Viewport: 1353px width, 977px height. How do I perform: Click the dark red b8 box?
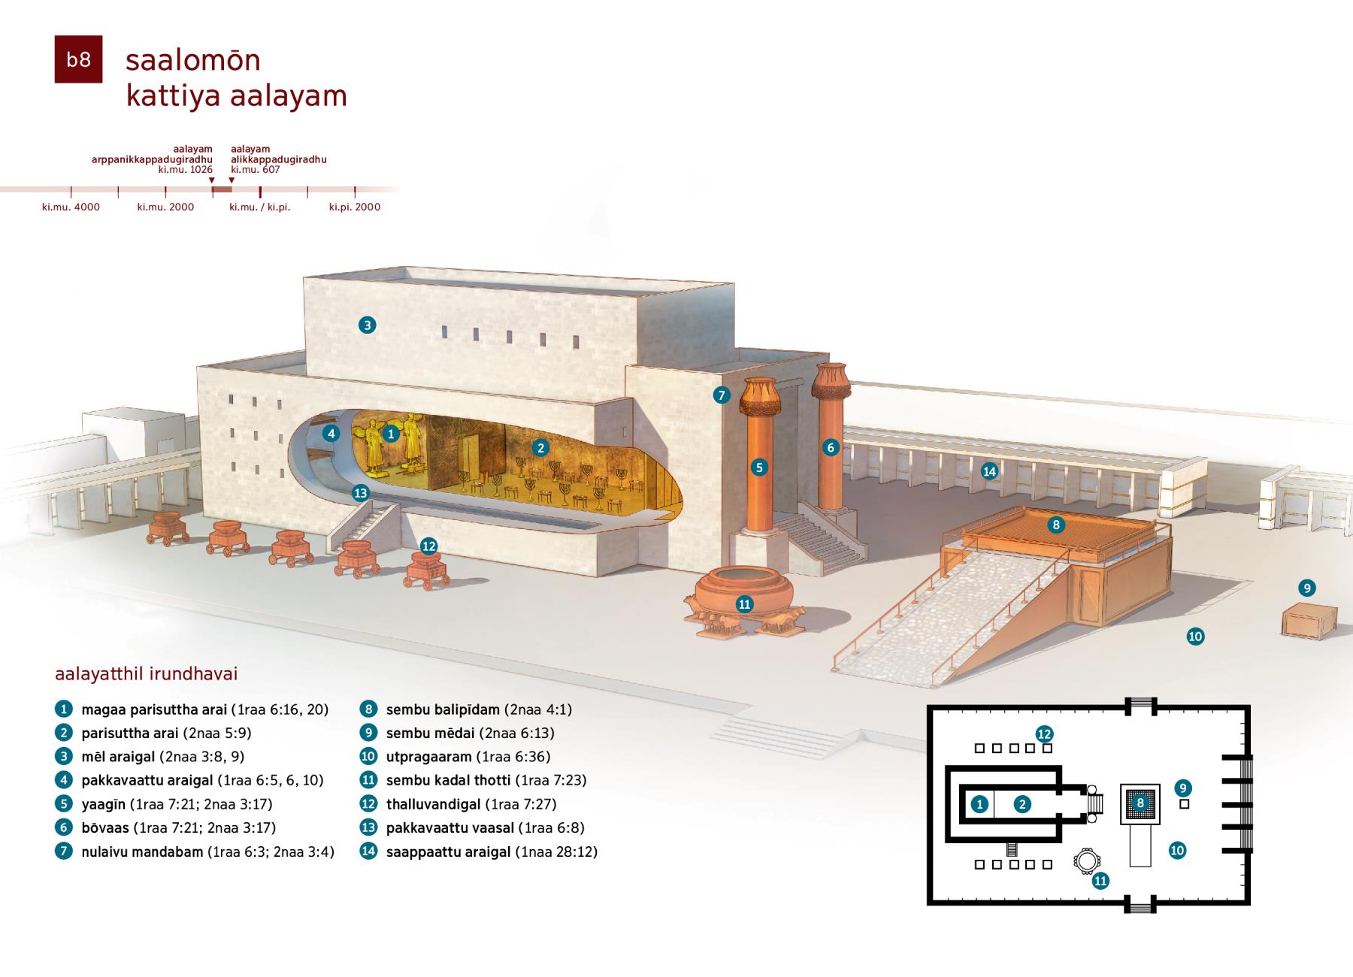click(78, 59)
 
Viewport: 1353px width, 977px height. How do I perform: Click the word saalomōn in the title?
click(193, 60)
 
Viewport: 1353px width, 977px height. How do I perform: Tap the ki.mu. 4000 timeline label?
click(71, 207)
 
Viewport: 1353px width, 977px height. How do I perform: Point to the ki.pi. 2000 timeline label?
click(355, 207)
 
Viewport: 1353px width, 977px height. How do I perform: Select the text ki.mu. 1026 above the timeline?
click(186, 170)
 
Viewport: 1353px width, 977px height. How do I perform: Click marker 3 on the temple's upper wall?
click(367, 325)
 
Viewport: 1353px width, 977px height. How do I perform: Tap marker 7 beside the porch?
click(722, 395)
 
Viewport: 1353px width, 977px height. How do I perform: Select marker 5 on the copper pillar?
click(759, 467)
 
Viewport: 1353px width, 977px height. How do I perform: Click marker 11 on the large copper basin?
click(744, 604)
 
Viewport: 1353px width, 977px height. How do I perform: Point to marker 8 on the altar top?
click(1056, 525)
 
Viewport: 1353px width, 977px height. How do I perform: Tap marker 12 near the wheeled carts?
click(428, 546)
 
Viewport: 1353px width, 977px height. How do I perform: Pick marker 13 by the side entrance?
click(361, 493)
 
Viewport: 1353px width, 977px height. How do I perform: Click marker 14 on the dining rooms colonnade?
click(989, 471)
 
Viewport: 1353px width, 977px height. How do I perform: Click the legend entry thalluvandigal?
click(434, 804)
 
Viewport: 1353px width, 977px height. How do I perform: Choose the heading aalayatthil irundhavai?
click(147, 673)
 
